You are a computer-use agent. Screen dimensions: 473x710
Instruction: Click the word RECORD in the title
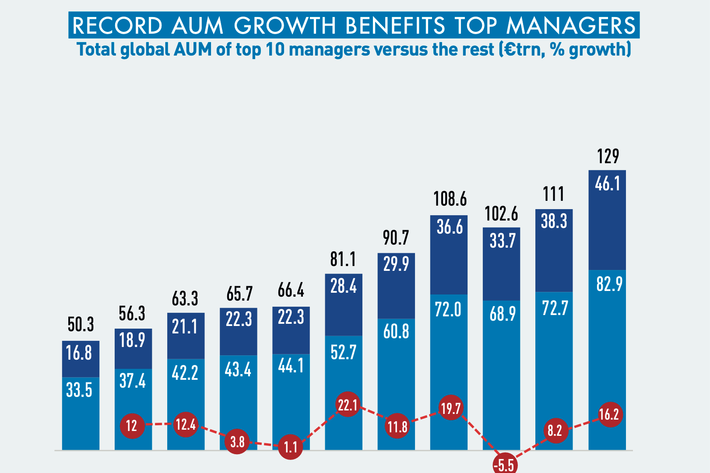[x=117, y=26]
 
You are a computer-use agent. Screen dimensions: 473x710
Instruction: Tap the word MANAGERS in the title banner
[x=570, y=26]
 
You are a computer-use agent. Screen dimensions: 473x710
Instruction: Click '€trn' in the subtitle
[x=524, y=49]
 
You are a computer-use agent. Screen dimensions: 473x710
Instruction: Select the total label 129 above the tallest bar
[x=608, y=157]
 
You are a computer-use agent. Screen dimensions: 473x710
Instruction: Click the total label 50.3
[x=81, y=325]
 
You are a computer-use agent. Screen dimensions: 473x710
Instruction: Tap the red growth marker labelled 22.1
[x=348, y=405]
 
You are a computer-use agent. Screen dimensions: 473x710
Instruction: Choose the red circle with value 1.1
[x=290, y=447]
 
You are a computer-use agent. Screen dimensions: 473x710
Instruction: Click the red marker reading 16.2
[x=609, y=414]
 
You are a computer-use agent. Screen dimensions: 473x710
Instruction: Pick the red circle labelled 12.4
[x=186, y=424]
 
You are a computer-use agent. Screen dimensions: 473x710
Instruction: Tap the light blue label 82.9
[x=609, y=285]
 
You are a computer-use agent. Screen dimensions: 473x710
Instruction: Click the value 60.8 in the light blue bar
[x=396, y=332]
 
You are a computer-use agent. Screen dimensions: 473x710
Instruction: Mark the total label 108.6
[x=450, y=199]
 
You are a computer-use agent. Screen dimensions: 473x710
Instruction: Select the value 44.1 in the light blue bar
[x=291, y=366]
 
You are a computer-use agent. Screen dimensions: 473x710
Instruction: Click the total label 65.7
[x=239, y=294]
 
